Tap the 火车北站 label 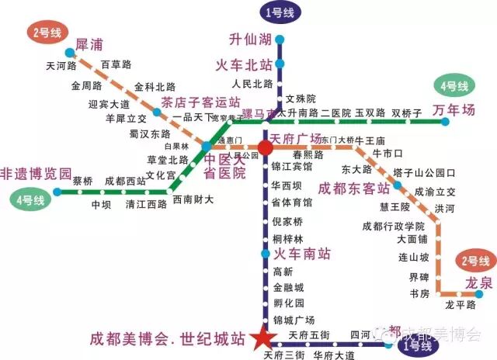[243, 64]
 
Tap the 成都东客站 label [355, 189]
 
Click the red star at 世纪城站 [263, 338]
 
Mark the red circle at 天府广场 [265, 147]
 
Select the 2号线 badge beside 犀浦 [48, 33]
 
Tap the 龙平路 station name [460, 305]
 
